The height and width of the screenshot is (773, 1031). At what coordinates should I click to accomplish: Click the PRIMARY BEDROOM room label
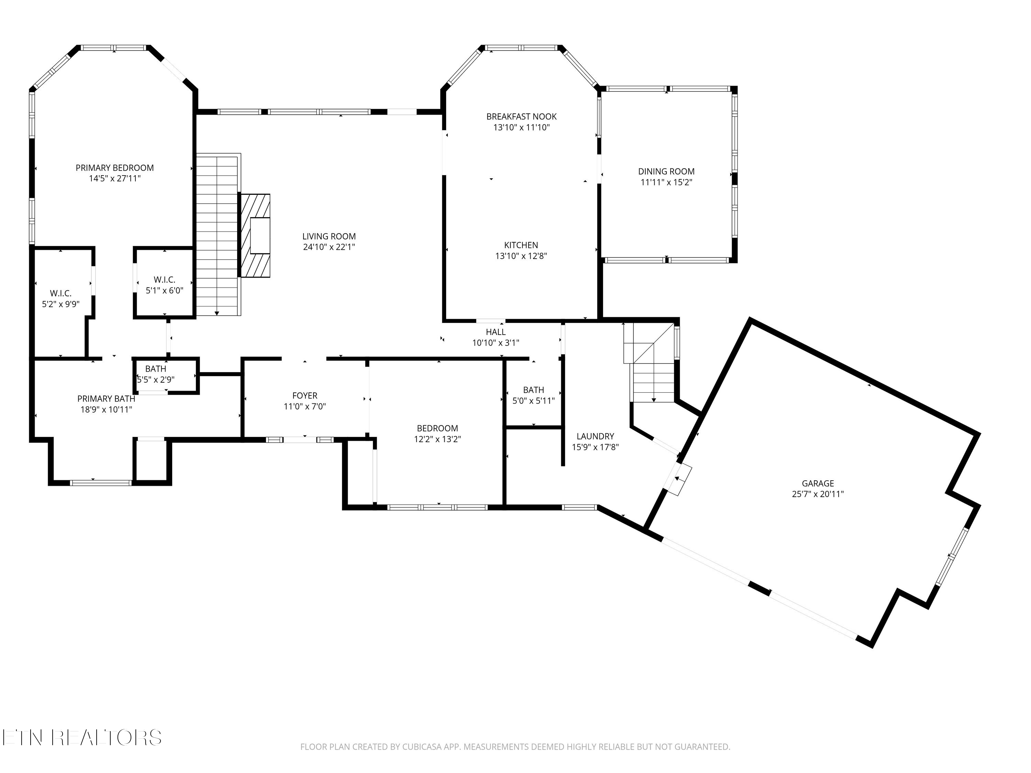(115, 168)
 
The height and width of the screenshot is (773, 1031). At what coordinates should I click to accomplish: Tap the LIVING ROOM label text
(329, 236)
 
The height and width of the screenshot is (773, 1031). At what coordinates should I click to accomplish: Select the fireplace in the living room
(255, 236)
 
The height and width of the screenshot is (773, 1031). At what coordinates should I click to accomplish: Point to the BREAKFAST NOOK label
(522, 116)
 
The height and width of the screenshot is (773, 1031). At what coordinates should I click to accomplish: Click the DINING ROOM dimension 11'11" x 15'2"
(666, 182)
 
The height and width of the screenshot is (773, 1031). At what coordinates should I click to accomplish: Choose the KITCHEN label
(521, 245)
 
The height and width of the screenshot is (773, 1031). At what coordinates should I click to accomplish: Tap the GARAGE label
(818, 484)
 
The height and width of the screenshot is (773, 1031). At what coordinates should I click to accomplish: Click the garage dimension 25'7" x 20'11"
(818, 494)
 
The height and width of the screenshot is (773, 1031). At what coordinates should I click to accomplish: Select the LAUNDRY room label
(595, 436)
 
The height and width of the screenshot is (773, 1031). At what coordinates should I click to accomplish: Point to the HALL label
(496, 332)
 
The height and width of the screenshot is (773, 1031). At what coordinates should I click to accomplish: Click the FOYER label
(305, 395)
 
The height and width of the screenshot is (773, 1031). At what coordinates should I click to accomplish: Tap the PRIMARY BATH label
(106, 399)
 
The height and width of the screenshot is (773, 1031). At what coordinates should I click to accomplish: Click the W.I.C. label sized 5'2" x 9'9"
(60, 293)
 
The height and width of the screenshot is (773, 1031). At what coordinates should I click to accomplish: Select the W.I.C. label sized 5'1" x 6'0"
(165, 280)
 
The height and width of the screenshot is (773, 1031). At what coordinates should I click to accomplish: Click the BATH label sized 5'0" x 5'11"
(534, 390)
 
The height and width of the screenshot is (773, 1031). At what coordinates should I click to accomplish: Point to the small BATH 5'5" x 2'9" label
(156, 369)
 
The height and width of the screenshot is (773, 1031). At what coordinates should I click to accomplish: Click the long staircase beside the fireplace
(218, 234)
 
